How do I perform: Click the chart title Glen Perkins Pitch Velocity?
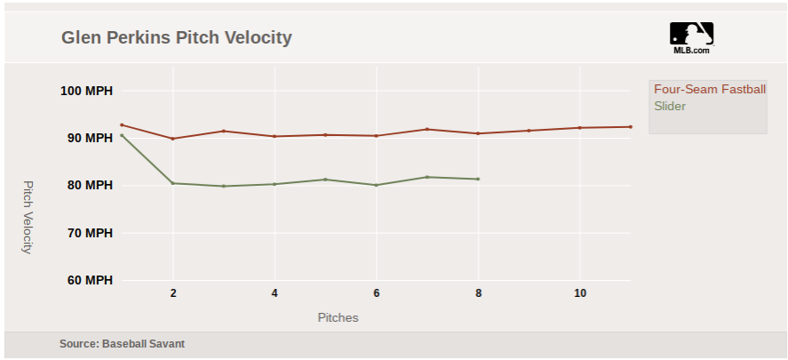[x=176, y=38]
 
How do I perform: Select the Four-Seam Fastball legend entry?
[x=709, y=89]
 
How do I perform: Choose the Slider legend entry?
[x=670, y=106]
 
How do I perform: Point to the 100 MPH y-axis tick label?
[x=86, y=91]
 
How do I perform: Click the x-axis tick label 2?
[x=173, y=293]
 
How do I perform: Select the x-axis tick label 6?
[x=377, y=293]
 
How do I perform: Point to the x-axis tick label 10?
[x=580, y=293]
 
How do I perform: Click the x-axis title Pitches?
[x=338, y=317]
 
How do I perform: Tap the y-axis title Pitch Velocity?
[x=27, y=217]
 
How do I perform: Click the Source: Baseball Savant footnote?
[x=122, y=343]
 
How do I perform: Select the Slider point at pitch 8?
[x=478, y=179]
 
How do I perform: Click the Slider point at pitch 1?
[x=122, y=135]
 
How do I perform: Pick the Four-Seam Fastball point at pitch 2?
[x=172, y=139]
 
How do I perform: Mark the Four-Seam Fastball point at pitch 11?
[x=631, y=126]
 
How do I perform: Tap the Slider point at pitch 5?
[x=325, y=180]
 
